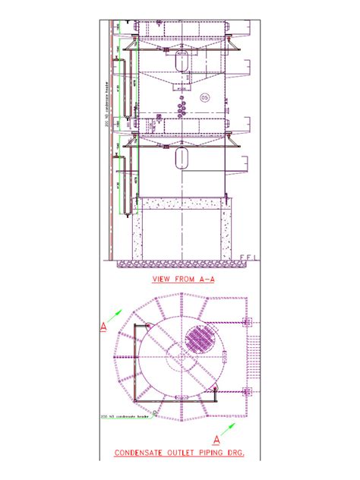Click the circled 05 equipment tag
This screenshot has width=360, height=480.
click(x=204, y=98)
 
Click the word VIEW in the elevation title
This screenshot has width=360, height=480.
click(x=162, y=279)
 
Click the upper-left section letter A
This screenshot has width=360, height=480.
click(x=103, y=327)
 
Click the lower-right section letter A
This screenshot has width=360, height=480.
click(x=216, y=440)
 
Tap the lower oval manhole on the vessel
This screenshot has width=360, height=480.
click(x=181, y=158)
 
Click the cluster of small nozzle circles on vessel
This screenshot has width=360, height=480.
click(x=182, y=106)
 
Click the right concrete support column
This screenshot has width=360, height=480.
click(x=226, y=232)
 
